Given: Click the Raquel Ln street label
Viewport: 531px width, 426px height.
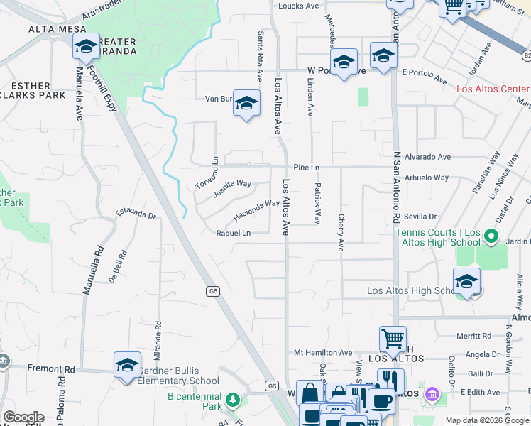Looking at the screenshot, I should (x=234, y=233).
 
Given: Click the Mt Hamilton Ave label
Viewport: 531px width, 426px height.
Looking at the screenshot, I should (x=323, y=353).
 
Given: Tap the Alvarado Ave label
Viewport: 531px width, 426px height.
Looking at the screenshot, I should (x=427, y=157).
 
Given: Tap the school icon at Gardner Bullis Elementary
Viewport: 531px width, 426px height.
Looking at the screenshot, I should (x=127, y=365).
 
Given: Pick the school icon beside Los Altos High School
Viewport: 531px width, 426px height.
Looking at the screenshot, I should (x=467, y=281).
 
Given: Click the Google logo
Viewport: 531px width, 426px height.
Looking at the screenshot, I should (x=23, y=417).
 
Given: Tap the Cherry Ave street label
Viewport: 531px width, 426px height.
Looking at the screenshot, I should (x=341, y=233).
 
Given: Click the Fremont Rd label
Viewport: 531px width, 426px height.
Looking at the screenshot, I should (x=51, y=370).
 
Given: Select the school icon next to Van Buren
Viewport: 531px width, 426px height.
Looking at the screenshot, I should (x=246, y=104).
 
